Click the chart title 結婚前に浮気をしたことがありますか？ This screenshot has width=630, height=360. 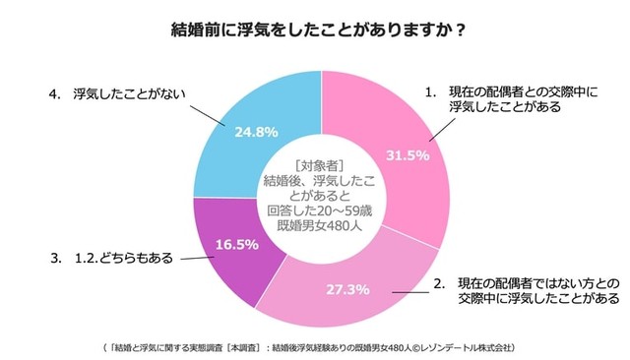[314, 30]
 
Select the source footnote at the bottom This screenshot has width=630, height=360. [315, 347]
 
